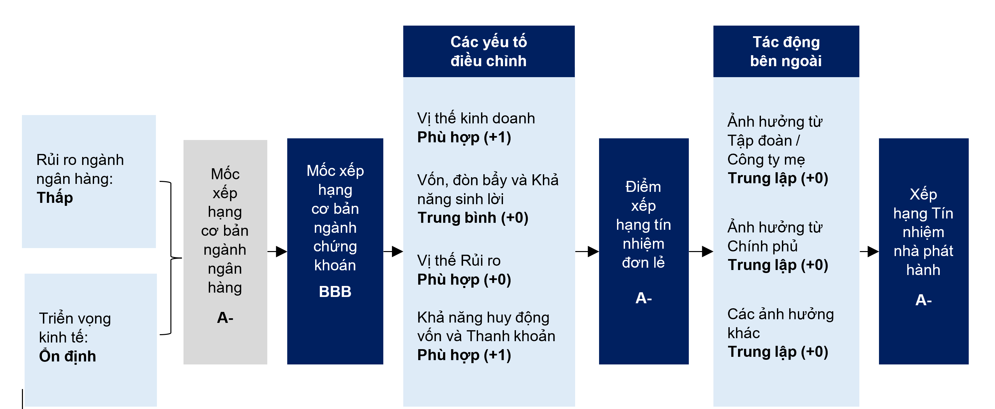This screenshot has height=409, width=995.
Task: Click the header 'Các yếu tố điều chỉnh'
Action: click(x=488, y=51)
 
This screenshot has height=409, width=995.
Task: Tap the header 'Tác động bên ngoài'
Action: click(x=786, y=51)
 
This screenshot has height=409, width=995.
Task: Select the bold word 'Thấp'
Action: click(x=55, y=198)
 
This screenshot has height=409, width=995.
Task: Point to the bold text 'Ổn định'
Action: click(x=67, y=356)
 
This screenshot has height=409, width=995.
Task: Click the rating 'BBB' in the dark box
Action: click(x=335, y=292)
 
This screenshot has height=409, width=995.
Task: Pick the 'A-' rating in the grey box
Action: click(x=225, y=318)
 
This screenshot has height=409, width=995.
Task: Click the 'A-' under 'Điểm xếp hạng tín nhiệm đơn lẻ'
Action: click(x=644, y=298)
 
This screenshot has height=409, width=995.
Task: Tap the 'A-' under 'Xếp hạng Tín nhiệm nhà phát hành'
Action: click(x=923, y=300)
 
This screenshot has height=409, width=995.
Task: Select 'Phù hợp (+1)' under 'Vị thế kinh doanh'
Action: click(x=464, y=137)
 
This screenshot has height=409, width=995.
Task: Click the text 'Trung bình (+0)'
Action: click(x=473, y=218)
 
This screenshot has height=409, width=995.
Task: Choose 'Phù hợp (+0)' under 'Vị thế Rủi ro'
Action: click(x=464, y=280)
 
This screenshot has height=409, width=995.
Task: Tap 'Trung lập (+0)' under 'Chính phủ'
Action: click(x=778, y=265)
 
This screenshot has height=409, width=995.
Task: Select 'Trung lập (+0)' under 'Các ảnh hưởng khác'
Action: click(x=778, y=352)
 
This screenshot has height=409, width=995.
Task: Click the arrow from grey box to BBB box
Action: click(x=277, y=252)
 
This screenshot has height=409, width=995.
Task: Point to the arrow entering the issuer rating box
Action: click(x=869, y=252)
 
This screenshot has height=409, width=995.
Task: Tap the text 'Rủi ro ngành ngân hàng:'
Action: click(x=80, y=169)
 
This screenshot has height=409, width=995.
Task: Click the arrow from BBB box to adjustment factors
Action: click(x=393, y=252)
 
